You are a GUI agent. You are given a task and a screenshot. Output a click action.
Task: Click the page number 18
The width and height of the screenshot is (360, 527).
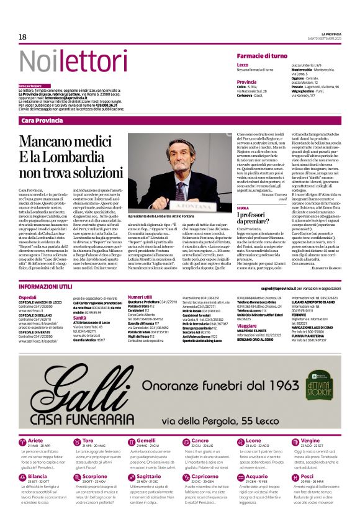(22, 37)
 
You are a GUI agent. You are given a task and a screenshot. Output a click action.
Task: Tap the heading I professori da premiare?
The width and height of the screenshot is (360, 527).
(253, 218)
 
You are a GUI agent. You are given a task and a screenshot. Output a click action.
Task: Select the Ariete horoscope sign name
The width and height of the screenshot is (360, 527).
(37, 441)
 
